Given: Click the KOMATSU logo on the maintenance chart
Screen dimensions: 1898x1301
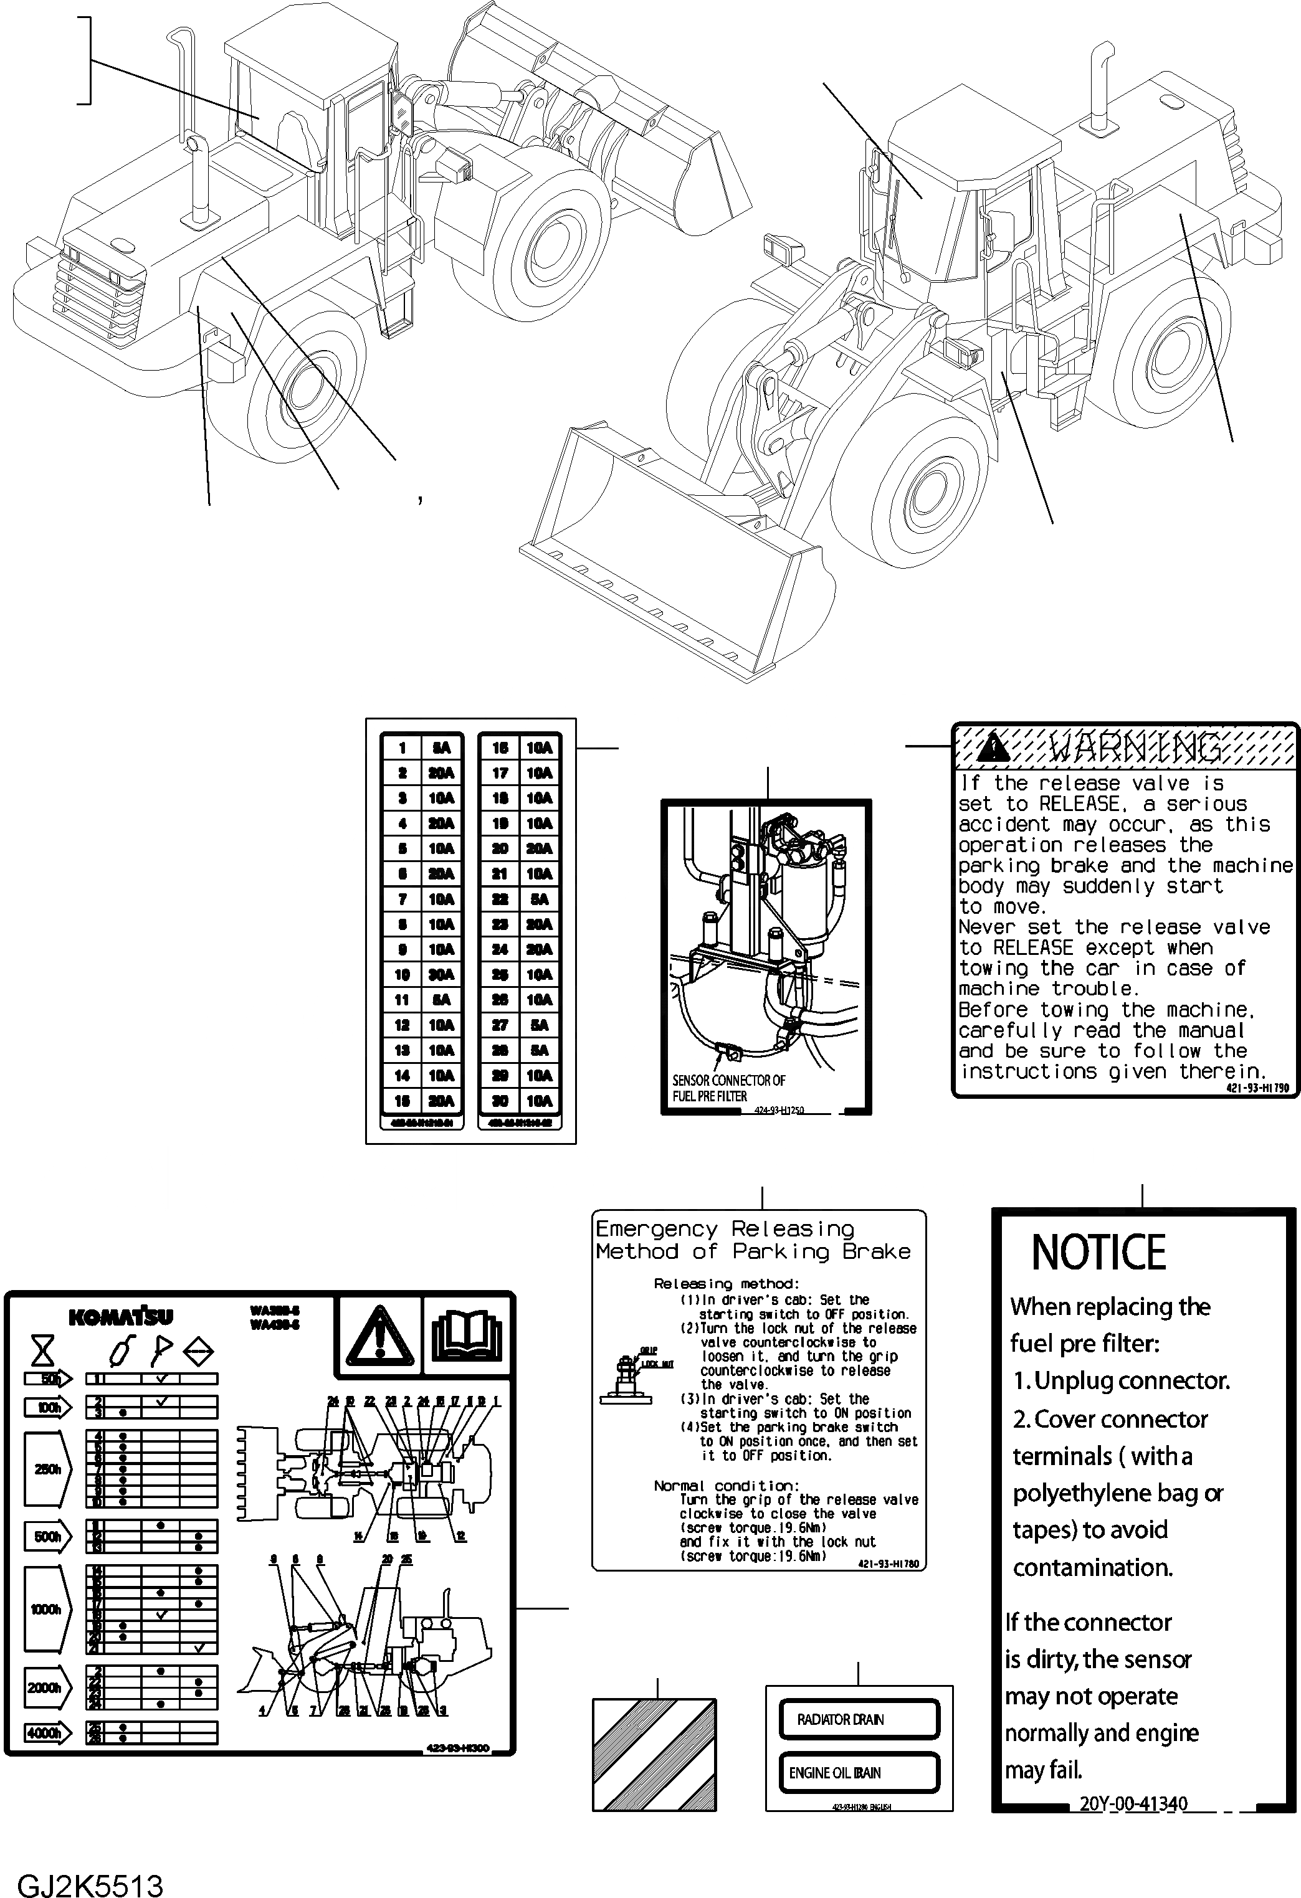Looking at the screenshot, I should [x=121, y=1317].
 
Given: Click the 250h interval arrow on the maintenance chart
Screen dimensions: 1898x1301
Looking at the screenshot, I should [x=47, y=1468].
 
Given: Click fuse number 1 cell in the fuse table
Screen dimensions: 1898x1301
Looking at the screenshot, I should [x=403, y=747].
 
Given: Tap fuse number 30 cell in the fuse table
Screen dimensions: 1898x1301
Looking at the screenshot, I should [x=500, y=1100].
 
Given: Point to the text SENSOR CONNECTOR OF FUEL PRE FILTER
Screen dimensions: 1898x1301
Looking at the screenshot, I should [x=727, y=1088].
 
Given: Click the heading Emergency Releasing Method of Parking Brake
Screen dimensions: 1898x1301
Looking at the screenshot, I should [x=751, y=1240].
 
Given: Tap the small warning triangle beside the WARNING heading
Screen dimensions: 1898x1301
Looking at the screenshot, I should [x=993, y=746].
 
